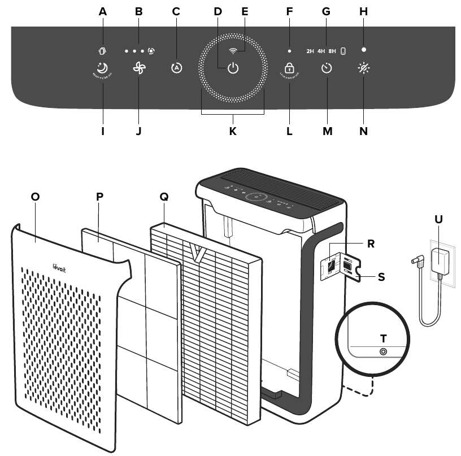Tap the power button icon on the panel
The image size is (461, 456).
[233, 70]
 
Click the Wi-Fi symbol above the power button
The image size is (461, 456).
[233, 51]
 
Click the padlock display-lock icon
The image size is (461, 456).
[289, 68]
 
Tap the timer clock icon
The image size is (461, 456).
[327, 69]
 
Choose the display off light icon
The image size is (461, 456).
[363, 69]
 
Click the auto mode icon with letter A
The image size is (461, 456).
[177, 68]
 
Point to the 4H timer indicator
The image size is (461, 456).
[321, 51]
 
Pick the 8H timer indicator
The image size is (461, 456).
[332, 51]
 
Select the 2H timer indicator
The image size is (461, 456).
[310, 51]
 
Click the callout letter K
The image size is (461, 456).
[233, 131]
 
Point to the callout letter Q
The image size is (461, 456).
[164, 197]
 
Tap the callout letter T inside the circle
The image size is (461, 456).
[384, 338]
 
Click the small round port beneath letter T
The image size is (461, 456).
[384, 351]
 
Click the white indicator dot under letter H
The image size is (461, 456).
[364, 50]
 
